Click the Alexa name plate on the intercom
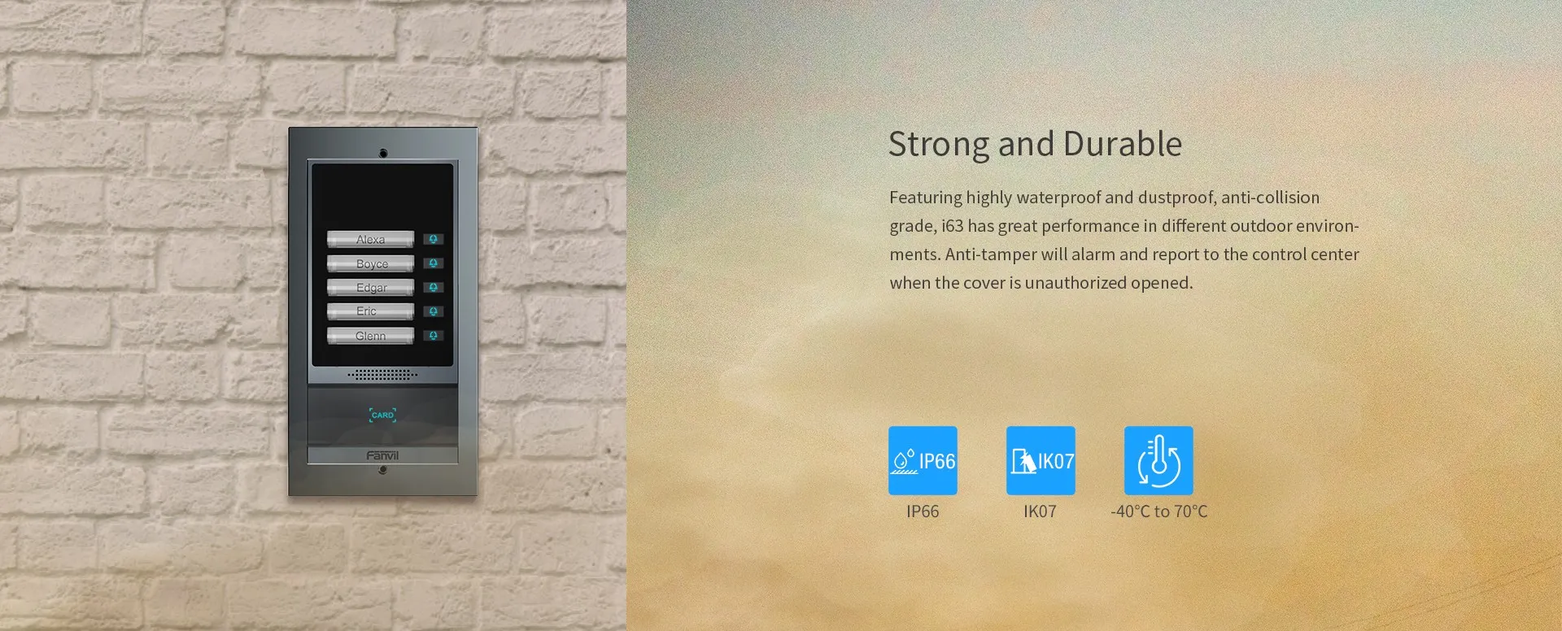pyautogui.click(x=370, y=239)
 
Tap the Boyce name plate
pyautogui.click(x=370, y=263)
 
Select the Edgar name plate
pyautogui.click(x=370, y=287)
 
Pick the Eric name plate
pyautogui.click(x=370, y=311)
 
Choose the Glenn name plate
pyautogui.click(x=370, y=336)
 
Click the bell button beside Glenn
pyautogui.click(x=434, y=335)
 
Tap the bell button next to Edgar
pyautogui.click(x=434, y=287)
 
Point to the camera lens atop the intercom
pyautogui.click(x=383, y=153)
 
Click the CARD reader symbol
pyautogui.click(x=382, y=415)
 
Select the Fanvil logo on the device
pyautogui.click(x=382, y=455)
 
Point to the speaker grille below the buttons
pyautogui.click(x=382, y=375)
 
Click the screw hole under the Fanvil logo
pyautogui.click(x=383, y=470)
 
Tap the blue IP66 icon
pyautogui.click(x=923, y=460)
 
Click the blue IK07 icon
pyautogui.click(x=1041, y=460)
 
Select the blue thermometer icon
pyautogui.click(x=1158, y=460)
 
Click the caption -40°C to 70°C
pyautogui.click(x=1159, y=511)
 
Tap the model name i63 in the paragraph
pyautogui.click(x=952, y=225)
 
